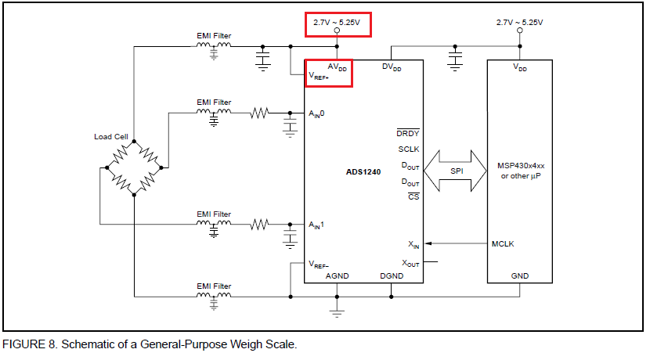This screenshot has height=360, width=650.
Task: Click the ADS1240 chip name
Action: (363, 171)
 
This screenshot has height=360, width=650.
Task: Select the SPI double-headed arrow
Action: (456, 171)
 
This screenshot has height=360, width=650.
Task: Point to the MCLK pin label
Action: (503, 243)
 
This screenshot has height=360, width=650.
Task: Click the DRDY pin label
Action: (408, 133)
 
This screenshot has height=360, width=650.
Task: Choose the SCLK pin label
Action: (408, 149)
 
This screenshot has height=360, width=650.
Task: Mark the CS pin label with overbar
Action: (413, 196)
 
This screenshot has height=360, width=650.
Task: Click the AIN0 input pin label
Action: (316, 114)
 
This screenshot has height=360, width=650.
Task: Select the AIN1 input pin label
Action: (316, 225)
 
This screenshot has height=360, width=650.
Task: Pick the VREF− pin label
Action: (320, 264)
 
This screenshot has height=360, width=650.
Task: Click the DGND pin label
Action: (392, 276)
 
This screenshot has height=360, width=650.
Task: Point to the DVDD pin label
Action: (392, 67)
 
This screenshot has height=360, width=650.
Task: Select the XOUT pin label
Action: (410, 264)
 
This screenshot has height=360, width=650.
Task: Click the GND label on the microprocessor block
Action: (519, 276)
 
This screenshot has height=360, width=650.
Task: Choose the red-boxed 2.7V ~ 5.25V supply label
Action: (337, 23)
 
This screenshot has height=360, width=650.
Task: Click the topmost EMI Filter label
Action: (214, 35)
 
